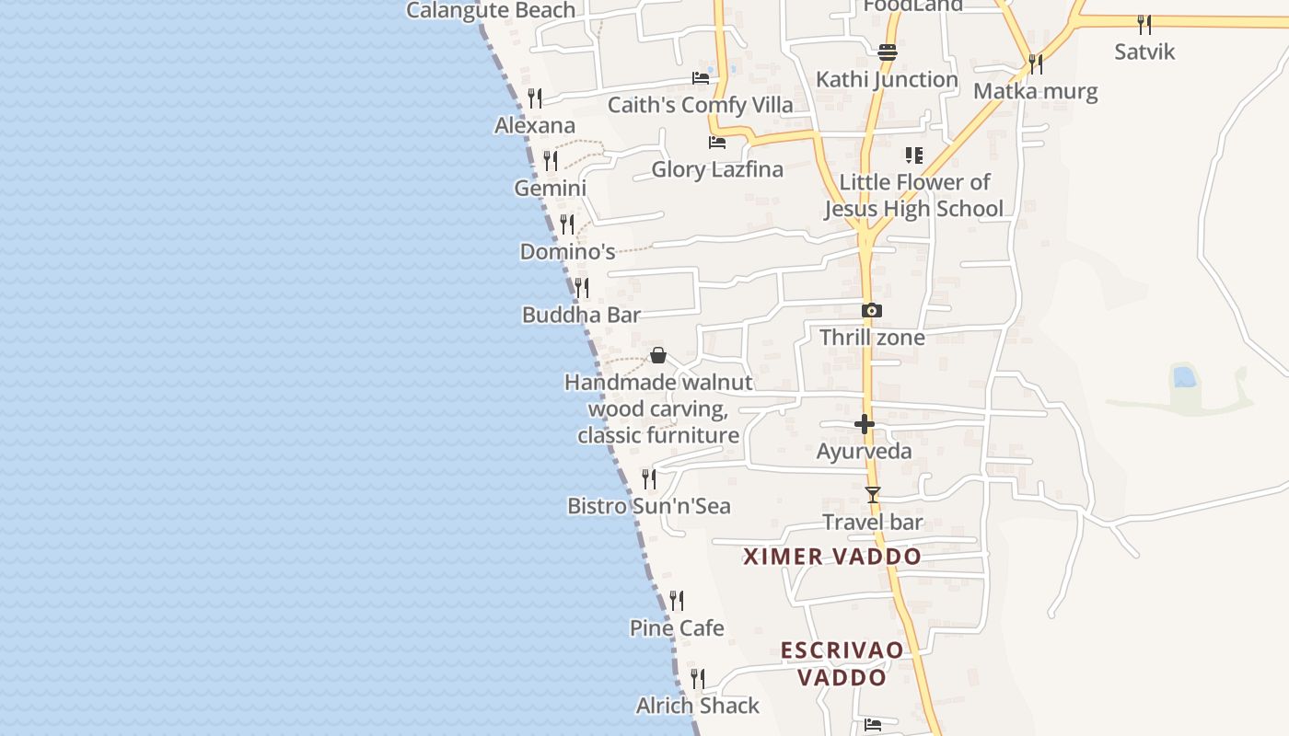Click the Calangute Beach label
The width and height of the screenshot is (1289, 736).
(491, 11)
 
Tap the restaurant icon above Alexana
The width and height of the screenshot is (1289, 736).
(534, 98)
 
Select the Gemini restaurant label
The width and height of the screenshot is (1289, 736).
(550, 188)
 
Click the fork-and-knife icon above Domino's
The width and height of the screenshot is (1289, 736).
(567, 224)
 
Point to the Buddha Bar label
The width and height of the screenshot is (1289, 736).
(581, 315)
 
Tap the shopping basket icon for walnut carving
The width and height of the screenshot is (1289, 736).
(658, 355)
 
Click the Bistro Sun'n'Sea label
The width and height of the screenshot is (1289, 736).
(648, 506)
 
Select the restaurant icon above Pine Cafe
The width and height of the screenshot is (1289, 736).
(677, 601)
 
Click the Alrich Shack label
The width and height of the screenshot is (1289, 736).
(698, 706)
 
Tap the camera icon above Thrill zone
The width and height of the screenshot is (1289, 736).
(871, 311)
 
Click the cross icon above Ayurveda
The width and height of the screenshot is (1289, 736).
(864, 424)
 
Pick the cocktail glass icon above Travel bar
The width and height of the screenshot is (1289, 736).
(872, 495)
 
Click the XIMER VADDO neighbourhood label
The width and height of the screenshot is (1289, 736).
(832, 557)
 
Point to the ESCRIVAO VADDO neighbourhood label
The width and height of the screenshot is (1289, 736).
(842, 664)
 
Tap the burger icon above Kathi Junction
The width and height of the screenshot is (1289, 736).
(888, 52)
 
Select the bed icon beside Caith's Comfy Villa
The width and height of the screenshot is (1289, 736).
(701, 78)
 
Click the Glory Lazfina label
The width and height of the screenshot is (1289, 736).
(717, 169)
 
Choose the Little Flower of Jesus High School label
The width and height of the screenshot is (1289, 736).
(913, 195)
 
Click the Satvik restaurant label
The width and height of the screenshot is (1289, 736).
(1144, 52)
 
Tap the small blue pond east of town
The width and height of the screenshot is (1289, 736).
(1184, 376)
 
